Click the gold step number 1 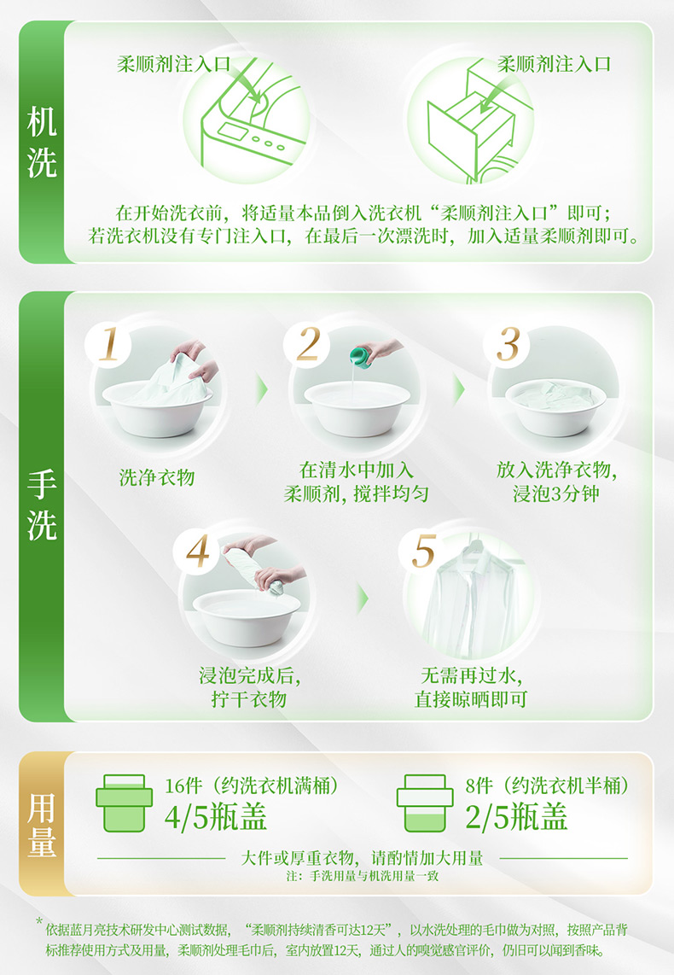109,344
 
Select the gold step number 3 508,344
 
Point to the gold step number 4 198,551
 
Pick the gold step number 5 424,551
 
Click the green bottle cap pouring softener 360,356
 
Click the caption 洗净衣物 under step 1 157,477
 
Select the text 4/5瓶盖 215,816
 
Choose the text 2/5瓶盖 516,816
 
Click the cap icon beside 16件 125,803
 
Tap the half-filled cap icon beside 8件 425,803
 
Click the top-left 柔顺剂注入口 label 174,64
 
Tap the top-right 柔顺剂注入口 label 554,64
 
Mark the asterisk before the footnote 39,921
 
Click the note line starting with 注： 362,875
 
